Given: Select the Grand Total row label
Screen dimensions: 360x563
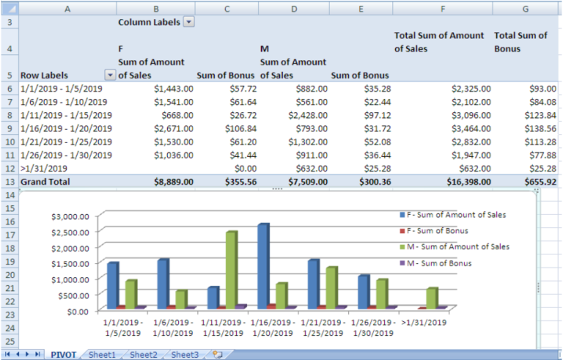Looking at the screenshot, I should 45,182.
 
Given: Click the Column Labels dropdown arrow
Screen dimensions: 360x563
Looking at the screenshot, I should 188,23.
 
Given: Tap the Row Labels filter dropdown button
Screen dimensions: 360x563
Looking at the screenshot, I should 110,75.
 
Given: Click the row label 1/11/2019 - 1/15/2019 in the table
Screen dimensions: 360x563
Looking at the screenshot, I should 64,115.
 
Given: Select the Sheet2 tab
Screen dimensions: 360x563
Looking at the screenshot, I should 144,354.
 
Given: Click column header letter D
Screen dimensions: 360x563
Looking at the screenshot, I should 293,8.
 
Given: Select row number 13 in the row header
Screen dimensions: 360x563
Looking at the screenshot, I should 10,182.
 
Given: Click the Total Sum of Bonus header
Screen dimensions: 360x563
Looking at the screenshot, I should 520,42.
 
